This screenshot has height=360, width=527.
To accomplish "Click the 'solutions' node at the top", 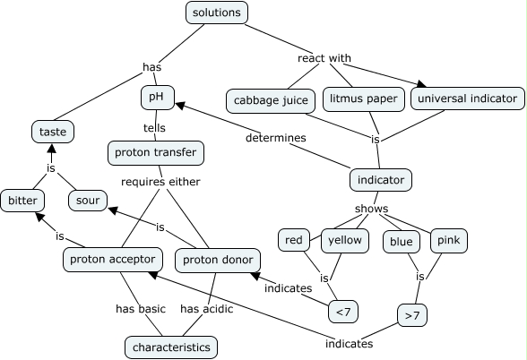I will pos(217,13).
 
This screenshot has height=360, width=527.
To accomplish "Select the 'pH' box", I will pos(156,97).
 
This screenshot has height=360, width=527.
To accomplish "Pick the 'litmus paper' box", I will pos(363,97).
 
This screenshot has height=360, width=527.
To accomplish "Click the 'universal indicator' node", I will pos(468,97).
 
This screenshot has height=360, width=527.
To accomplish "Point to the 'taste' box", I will pos(53,132).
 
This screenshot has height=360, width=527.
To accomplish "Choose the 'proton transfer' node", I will pos(155,153).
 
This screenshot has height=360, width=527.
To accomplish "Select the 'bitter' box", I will pos(22,200).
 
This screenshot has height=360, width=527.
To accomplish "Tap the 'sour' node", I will pos(88,200).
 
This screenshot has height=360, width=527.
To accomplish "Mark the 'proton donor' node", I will pos(218,260).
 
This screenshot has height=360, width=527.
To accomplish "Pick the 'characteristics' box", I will pos(171,346).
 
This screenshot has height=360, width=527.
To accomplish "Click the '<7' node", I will pos(343,312).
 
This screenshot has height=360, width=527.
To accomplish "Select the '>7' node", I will pos(411,315).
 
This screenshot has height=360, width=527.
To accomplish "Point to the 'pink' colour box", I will pos(448,240).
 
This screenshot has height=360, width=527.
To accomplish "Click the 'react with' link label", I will pos(324,58).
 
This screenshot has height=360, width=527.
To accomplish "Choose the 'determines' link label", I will pos(276,138).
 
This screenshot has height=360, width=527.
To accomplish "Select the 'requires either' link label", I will pos(161,182).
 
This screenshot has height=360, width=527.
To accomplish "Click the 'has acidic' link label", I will pos(207,309).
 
